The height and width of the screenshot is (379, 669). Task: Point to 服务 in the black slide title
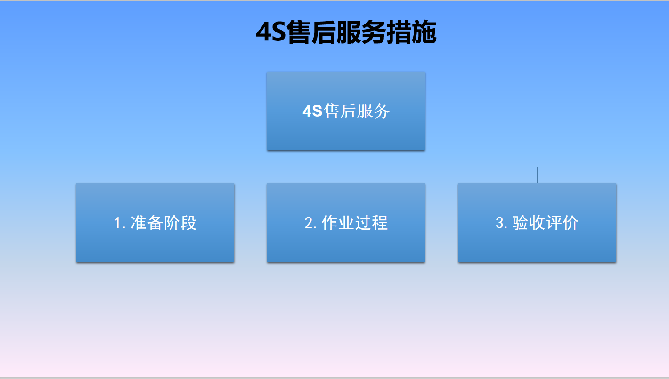point(361,32)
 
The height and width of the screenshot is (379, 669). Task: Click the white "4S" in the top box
point(312,111)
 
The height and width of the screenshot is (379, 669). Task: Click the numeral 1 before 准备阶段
point(118,223)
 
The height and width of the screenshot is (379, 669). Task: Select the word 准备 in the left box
point(147,223)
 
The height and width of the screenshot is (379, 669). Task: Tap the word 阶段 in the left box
point(180,223)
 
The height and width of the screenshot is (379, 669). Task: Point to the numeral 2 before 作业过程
point(309,223)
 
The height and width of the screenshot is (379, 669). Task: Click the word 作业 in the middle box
point(338,223)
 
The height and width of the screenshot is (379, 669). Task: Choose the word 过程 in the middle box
point(371,223)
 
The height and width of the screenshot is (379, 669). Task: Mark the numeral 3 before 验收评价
point(500,223)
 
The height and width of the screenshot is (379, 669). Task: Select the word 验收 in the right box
point(529,223)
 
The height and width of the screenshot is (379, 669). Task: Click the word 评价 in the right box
point(562,223)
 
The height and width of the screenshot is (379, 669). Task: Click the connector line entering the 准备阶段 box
point(155,175)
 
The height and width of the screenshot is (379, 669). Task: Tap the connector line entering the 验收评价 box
point(537,175)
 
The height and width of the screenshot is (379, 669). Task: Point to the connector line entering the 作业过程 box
point(346,175)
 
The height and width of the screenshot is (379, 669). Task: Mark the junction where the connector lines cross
point(346,167)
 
